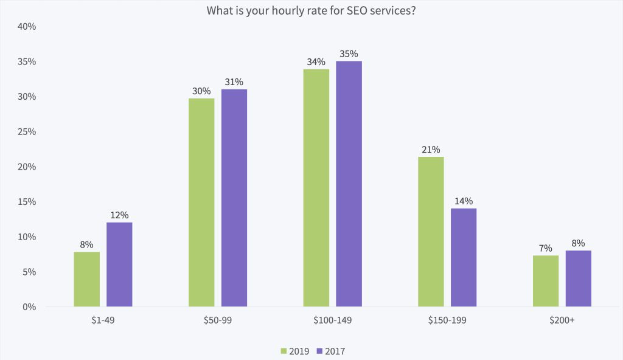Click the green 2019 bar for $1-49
86,279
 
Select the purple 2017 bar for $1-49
119,265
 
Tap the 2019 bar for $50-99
201,202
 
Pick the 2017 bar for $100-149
349,184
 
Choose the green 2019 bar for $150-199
431,232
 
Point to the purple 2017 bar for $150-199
464,257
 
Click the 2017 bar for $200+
578,279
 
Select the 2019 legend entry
294,351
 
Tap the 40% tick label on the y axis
27,27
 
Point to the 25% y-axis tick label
27,132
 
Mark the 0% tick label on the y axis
30,307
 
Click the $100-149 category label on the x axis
333,320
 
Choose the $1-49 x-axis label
103,320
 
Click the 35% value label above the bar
349,54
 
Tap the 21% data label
431,150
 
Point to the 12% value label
119,215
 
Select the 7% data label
545,248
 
